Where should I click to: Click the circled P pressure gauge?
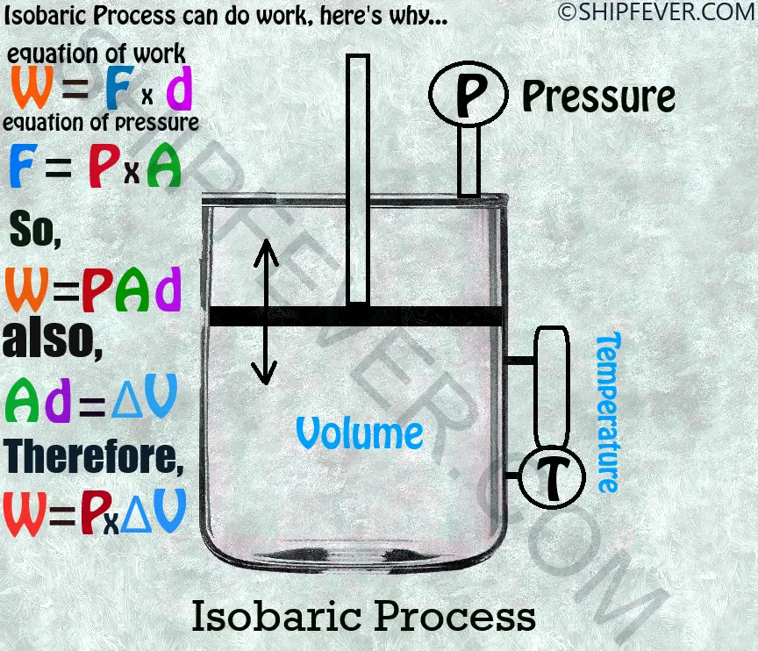coord(468,94)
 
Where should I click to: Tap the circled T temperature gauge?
coord(552,476)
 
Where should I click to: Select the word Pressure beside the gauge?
coord(598,98)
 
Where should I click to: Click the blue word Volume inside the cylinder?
coord(359,433)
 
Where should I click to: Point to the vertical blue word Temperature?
coord(609,412)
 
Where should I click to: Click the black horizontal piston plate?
coord(357,316)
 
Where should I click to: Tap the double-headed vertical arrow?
coord(266,311)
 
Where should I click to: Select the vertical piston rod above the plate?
coord(358,180)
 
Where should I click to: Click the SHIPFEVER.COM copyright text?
coord(657,11)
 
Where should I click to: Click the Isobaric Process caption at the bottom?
coord(363,616)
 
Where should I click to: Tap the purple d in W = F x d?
coord(179,88)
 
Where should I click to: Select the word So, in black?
coord(35,229)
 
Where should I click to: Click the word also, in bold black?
coord(53,338)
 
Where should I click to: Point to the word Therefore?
coord(93,457)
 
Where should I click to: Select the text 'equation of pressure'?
coord(101,123)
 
